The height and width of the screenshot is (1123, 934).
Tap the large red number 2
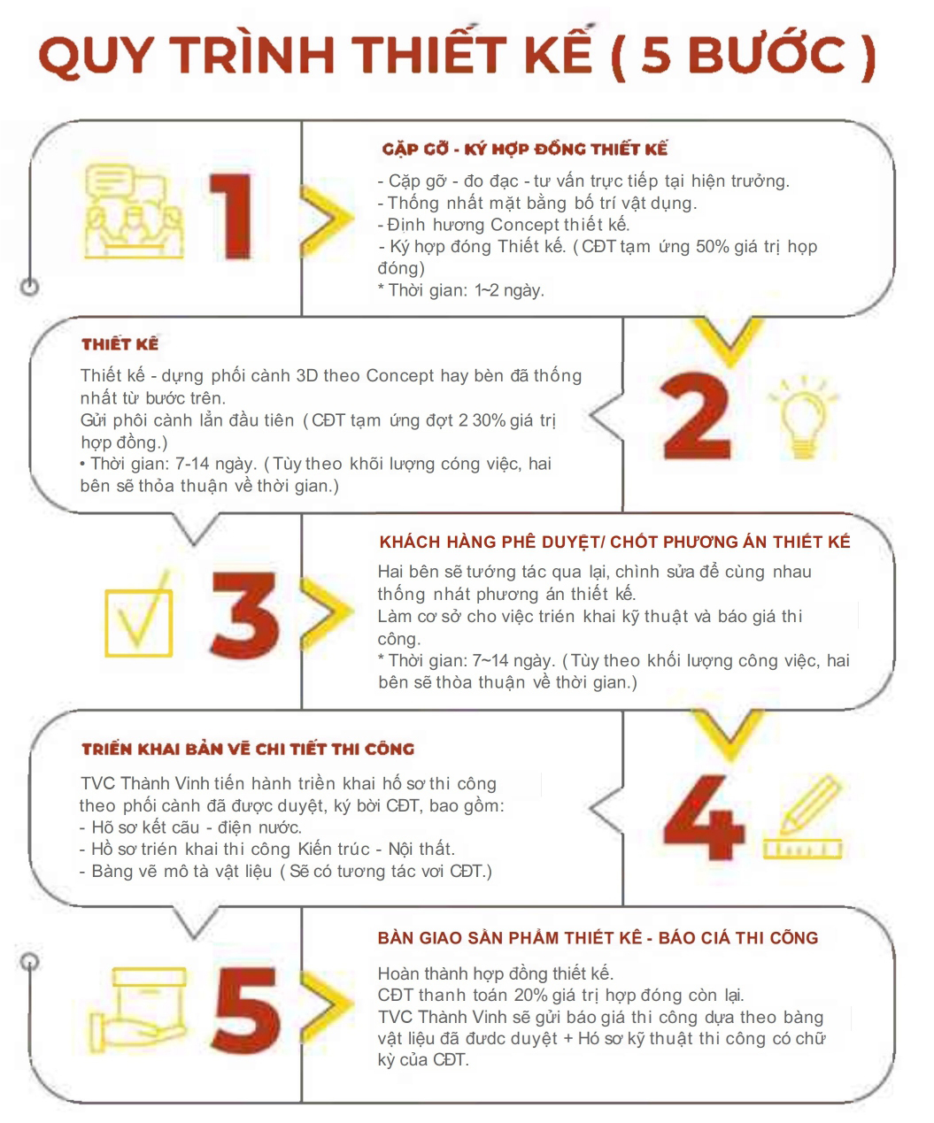click(696, 415)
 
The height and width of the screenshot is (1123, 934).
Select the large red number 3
click(245, 615)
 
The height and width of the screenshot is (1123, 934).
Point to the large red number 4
click(703, 817)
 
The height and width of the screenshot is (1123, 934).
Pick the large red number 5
click(246, 1010)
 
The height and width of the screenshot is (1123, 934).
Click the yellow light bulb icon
click(803, 418)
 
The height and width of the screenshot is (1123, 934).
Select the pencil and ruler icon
click(803, 818)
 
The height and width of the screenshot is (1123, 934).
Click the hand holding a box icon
click(138, 1010)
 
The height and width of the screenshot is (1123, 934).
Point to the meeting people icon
click(134, 211)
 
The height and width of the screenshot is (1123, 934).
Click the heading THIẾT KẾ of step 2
click(120, 343)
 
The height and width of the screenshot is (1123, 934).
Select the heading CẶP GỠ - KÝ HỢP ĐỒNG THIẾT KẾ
click(525, 149)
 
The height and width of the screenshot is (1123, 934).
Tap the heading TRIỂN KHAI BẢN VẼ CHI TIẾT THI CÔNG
click(248, 749)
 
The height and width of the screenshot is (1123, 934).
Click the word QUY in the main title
click(96, 55)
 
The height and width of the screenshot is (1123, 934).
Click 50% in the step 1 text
click(713, 246)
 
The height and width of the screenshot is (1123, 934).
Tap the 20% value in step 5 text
click(530, 995)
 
